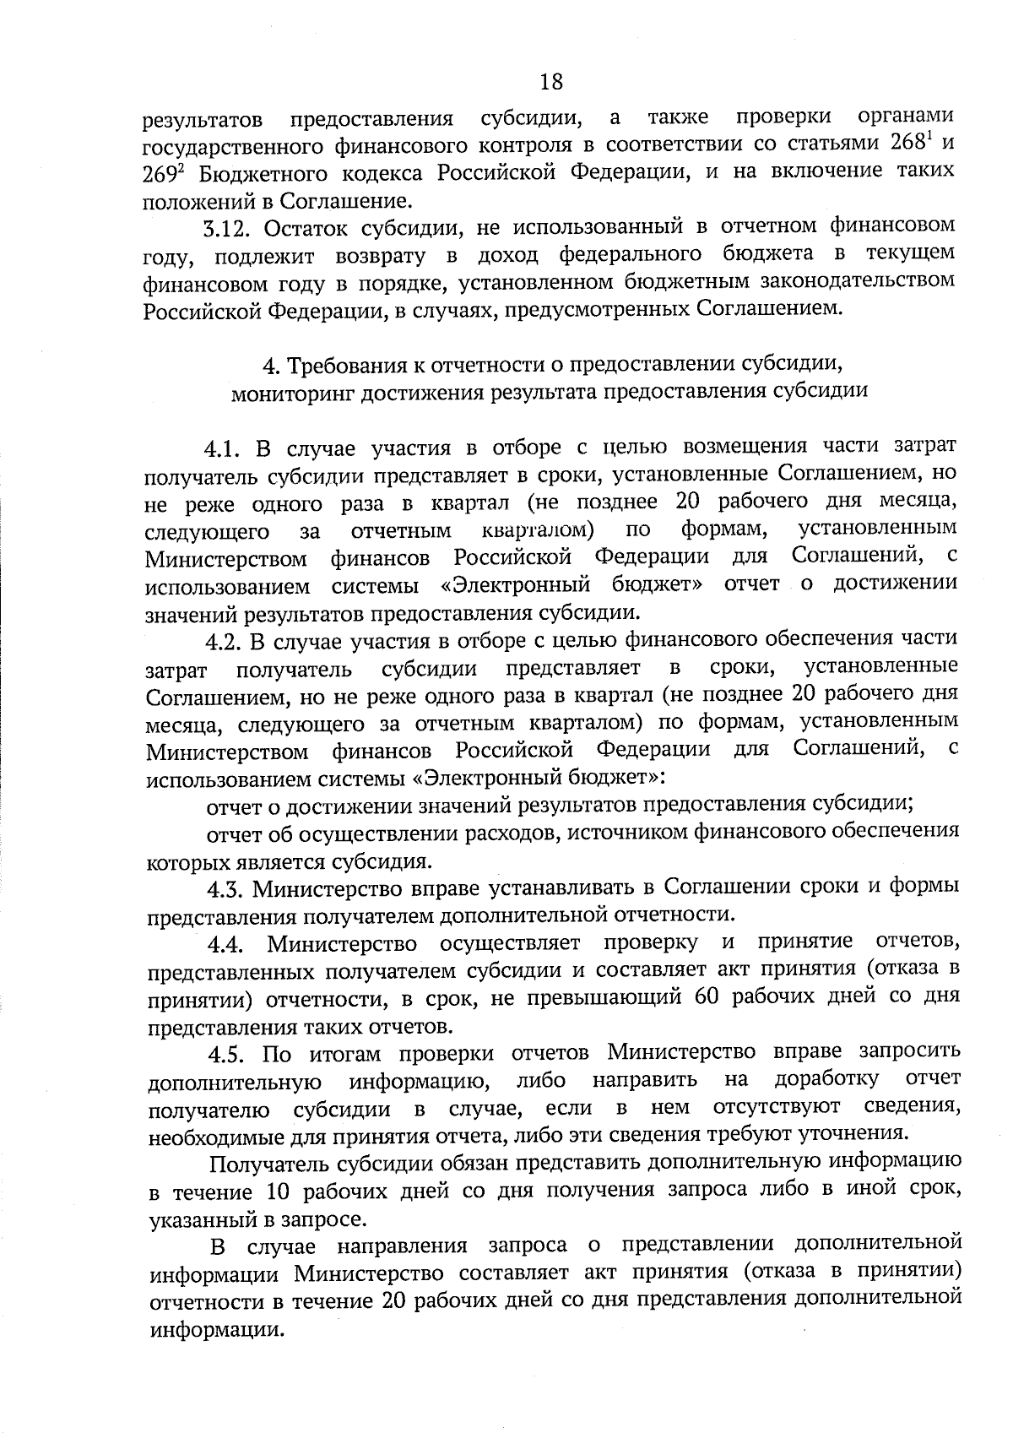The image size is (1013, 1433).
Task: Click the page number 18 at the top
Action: (x=550, y=82)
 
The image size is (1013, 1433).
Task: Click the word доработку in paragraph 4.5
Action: (x=826, y=1081)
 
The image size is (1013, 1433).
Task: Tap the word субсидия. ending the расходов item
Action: (x=381, y=862)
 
